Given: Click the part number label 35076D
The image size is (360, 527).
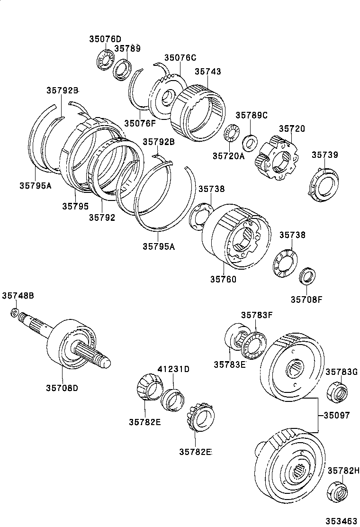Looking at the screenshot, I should pyautogui.click(x=105, y=39).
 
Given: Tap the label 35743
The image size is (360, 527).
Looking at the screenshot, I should pyautogui.click(x=208, y=72).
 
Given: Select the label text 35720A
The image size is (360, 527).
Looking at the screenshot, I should pyautogui.click(x=228, y=155).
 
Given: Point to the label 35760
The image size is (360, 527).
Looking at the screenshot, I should pyautogui.click(x=223, y=279).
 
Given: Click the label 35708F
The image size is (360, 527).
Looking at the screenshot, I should pyautogui.click(x=306, y=299).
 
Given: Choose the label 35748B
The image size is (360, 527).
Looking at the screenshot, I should pyautogui.click(x=18, y=295).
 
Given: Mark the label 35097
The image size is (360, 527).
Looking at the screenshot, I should pyautogui.click(x=337, y=415).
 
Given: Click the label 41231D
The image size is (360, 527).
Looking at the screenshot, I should pyautogui.click(x=173, y=369).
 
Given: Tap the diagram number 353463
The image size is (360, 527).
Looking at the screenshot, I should pyautogui.click(x=341, y=521).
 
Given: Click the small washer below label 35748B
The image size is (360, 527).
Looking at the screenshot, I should pyautogui.click(x=15, y=313).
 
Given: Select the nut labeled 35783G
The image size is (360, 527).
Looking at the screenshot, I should pyautogui.click(x=337, y=391).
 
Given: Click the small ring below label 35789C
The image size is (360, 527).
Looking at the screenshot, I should pyautogui.click(x=249, y=141).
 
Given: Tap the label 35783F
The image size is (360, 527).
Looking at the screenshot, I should pyautogui.click(x=256, y=315).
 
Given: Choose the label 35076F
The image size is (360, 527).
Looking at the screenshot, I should pyautogui.click(x=140, y=123).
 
